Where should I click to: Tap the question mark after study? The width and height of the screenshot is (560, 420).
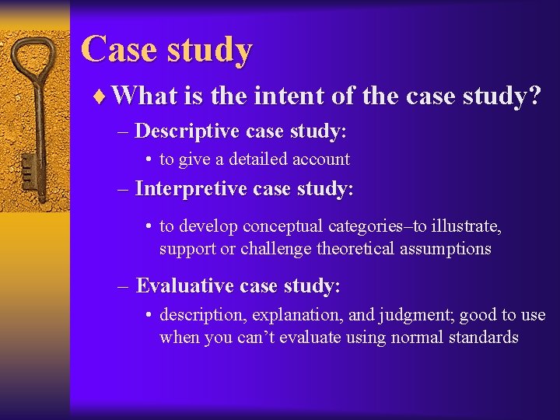tap(534, 96)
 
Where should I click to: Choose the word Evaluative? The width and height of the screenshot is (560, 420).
tap(184, 285)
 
